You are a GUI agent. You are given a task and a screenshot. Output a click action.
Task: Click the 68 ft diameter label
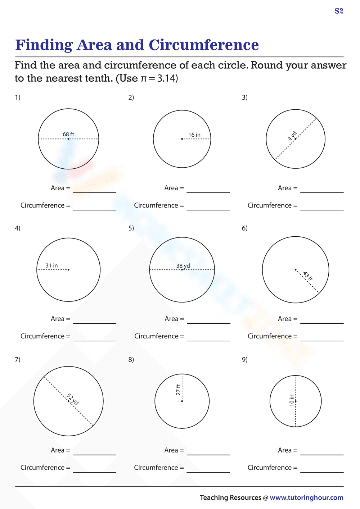point(68,134)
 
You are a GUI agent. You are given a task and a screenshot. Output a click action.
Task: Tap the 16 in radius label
point(194,135)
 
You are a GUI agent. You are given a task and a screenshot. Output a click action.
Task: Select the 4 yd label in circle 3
point(292,136)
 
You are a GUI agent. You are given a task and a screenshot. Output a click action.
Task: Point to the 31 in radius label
point(51,265)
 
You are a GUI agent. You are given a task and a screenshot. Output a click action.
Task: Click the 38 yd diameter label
point(183,266)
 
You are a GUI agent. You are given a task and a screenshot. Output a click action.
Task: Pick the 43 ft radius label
point(308,276)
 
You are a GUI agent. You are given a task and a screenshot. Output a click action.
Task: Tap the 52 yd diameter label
point(73,399)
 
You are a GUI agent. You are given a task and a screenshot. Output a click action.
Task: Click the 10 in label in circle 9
point(292,400)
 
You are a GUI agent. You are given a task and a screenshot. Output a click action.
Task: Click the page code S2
point(339,11)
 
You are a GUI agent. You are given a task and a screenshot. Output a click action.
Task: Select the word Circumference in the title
point(204,45)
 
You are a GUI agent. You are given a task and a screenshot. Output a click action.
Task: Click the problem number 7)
point(18,359)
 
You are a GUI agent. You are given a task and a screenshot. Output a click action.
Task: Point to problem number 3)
point(245,97)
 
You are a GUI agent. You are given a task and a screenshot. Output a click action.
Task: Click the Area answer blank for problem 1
point(95,190)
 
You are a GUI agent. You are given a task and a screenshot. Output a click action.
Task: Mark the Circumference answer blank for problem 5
point(208,338)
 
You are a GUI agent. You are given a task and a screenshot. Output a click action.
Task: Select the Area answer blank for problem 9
point(322,452)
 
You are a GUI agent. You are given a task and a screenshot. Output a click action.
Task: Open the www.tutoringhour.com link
point(306,497)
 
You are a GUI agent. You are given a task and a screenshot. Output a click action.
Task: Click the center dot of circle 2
point(182,139)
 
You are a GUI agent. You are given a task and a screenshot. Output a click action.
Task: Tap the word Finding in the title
point(44,45)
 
